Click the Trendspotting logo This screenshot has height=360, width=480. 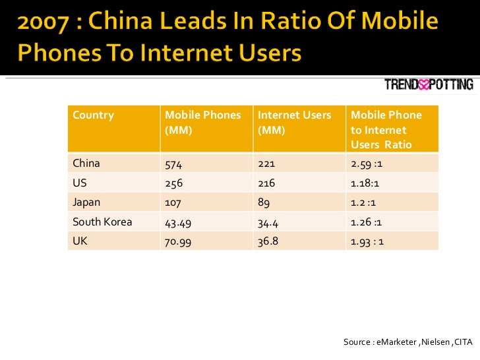click(429, 84)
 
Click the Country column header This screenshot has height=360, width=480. click(93, 115)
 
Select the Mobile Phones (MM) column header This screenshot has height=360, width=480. click(203, 122)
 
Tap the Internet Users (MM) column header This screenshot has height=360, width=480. click(294, 122)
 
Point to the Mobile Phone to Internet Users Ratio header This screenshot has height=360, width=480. click(386, 129)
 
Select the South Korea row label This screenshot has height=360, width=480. click(102, 222)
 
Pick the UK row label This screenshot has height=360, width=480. click(80, 241)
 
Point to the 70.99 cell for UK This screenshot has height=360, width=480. click(177, 241)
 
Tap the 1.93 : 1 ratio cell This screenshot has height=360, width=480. click(368, 241)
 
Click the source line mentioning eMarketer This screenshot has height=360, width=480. click(408, 342)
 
